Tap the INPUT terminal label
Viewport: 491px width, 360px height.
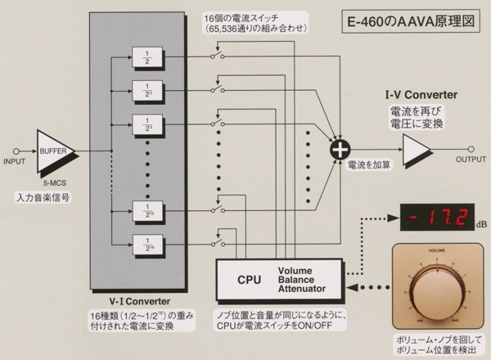[x=17, y=161]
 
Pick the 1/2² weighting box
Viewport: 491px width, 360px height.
[x=147, y=92]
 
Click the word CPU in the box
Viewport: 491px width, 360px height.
[x=249, y=280]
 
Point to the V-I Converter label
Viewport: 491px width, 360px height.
[x=137, y=300]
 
